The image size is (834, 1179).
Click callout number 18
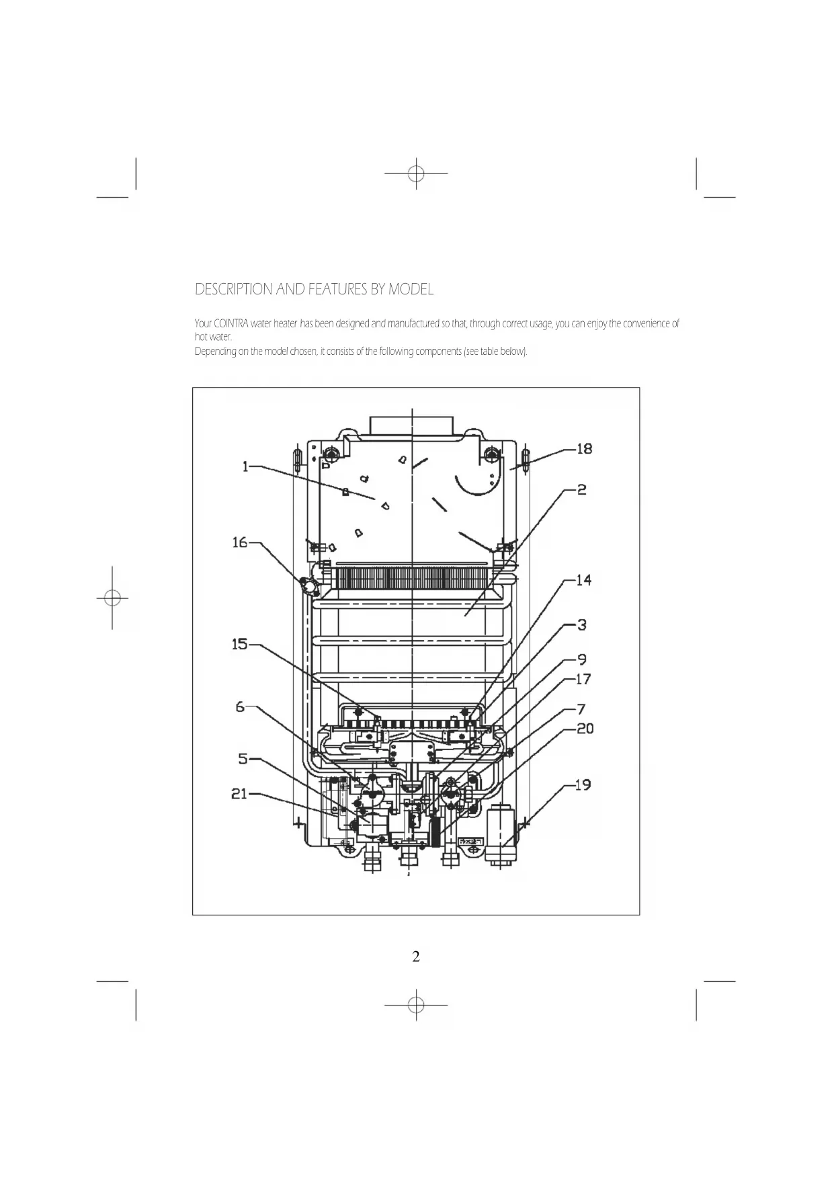585,449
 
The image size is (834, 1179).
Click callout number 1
246,466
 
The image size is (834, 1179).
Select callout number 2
582,490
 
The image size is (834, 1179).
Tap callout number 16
240,542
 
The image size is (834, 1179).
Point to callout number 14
584,580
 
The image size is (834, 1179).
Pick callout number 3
582,625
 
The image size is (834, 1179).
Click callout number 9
582,660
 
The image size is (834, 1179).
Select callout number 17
583,679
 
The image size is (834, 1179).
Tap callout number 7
581,709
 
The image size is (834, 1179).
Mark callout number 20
585,729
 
